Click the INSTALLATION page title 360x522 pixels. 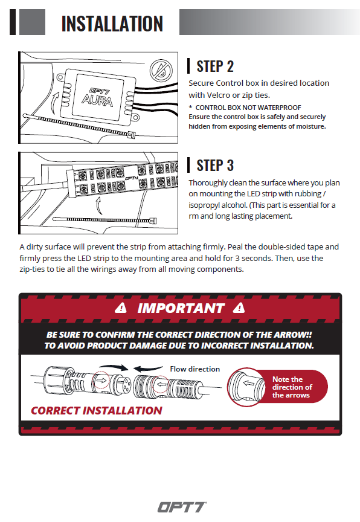point(112,24)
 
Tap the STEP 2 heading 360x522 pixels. point(215,66)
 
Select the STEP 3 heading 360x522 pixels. point(215,166)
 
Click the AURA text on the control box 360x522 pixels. point(97,100)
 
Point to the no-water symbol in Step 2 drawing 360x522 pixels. point(161,71)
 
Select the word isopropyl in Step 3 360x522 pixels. point(204,205)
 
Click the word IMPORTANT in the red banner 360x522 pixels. point(181,308)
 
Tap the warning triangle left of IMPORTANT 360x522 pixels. point(121,308)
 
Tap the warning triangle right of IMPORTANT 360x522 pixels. point(239,308)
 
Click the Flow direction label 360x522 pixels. point(195,369)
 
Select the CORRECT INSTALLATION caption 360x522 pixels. point(97,410)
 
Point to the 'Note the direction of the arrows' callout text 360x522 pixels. point(292,387)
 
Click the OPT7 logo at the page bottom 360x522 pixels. point(182,507)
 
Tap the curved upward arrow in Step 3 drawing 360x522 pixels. point(98,206)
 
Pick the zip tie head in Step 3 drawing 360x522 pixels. point(153,221)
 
